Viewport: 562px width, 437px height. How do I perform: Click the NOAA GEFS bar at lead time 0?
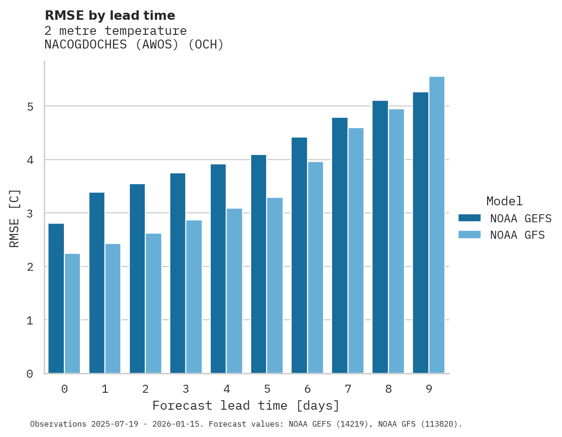click(56, 299)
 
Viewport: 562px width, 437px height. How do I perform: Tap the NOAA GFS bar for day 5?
click(275, 285)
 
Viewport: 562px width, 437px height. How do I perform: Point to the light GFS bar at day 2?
click(153, 303)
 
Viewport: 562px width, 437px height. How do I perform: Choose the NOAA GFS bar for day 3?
click(194, 297)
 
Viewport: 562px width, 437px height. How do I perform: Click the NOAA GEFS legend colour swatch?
click(469, 218)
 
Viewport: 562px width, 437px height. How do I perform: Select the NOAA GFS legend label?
click(517, 235)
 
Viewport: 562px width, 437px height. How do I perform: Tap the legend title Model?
click(504, 202)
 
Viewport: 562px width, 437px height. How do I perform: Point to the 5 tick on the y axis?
click(30, 107)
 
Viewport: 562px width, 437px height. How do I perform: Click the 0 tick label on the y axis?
click(30, 374)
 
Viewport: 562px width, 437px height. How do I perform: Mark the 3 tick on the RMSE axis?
click(30, 214)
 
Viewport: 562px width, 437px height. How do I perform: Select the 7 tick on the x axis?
click(348, 389)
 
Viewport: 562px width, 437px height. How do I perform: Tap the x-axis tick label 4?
click(227, 389)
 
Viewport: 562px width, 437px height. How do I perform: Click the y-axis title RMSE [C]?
click(15, 218)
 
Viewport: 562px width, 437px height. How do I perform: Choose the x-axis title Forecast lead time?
click(245, 406)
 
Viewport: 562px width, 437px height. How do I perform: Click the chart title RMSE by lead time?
click(110, 16)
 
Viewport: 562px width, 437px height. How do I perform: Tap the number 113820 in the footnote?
click(440, 424)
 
